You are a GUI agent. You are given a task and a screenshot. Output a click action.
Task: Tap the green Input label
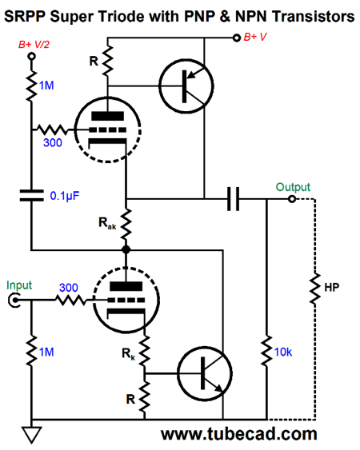[x=20, y=285]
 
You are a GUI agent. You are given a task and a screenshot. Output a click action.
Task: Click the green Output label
[x=293, y=187]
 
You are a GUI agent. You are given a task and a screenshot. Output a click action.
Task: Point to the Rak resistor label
[x=106, y=226]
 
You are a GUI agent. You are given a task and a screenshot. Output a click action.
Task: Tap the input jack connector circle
[x=14, y=301]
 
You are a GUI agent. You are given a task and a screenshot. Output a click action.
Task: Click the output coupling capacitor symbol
[x=233, y=199]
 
